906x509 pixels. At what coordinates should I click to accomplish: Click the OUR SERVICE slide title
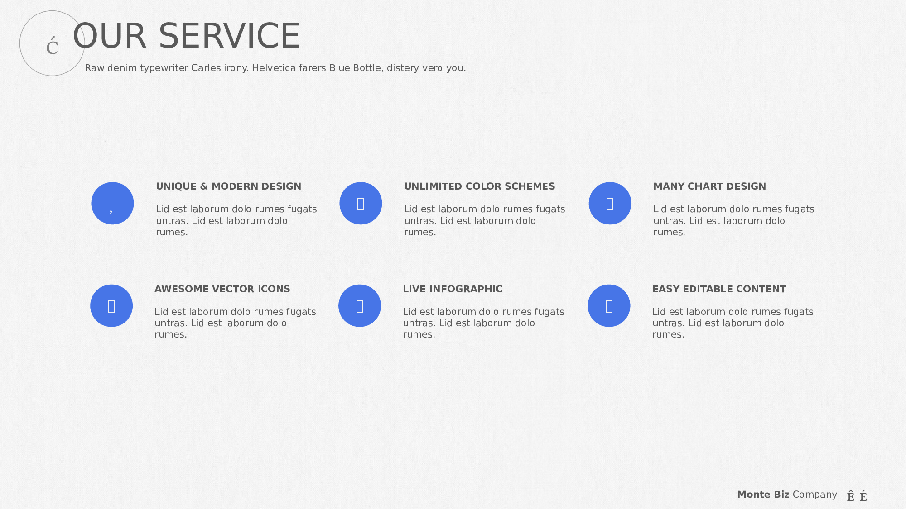pos(186,36)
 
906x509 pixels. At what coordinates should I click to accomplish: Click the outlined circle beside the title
pos(20,43)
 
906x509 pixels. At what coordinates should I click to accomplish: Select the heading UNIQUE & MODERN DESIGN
pos(228,186)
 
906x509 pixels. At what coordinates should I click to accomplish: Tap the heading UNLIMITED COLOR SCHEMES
pos(479,186)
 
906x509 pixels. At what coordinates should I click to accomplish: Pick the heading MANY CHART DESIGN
pos(709,186)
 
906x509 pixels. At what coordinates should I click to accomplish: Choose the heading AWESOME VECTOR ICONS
pos(222,289)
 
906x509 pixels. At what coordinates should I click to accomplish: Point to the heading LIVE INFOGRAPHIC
pos(453,289)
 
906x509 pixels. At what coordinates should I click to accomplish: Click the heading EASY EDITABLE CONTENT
pos(719,289)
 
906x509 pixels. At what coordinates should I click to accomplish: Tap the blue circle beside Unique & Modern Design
pos(112,203)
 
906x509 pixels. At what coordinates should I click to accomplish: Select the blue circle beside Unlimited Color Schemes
pos(361,203)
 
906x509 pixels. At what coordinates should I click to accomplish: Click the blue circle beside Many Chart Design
pos(610,203)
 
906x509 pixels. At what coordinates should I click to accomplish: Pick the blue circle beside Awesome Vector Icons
pos(111,306)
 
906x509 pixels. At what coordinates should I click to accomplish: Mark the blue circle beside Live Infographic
pos(360,306)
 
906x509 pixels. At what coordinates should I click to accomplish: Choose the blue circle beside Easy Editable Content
pos(609,306)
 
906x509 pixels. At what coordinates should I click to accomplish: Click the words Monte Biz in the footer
pos(763,495)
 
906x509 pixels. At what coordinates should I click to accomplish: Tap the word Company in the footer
pos(815,495)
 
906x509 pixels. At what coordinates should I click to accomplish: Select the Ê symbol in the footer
pos(851,496)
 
